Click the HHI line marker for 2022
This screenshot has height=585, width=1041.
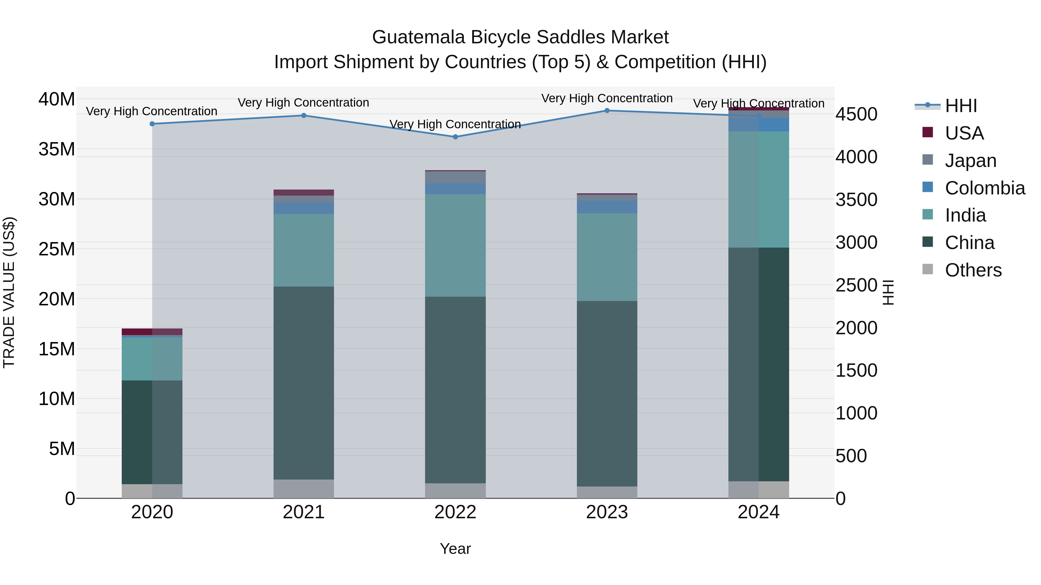coord(455,137)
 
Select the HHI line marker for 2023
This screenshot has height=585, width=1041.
coord(607,111)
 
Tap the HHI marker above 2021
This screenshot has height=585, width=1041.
coord(304,116)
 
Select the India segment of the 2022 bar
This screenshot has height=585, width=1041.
coord(455,246)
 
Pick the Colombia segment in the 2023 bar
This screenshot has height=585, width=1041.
coord(607,207)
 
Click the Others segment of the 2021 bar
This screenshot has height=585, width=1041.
coord(304,489)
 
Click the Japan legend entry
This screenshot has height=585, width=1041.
coord(970,161)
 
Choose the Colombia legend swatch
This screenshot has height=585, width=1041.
coord(928,187)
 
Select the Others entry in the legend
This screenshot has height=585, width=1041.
coord(973,270)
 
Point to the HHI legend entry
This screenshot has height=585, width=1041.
coord(961,106)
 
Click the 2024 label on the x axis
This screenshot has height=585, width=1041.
coord(758,512)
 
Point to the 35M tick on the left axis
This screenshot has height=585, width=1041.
coord(57,149)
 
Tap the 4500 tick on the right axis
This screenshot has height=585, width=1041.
coord(856,114)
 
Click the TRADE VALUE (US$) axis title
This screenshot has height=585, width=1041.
coord(9,292)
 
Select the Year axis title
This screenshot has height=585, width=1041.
coord(455,549)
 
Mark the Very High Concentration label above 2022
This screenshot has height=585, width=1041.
coord(455,124)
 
